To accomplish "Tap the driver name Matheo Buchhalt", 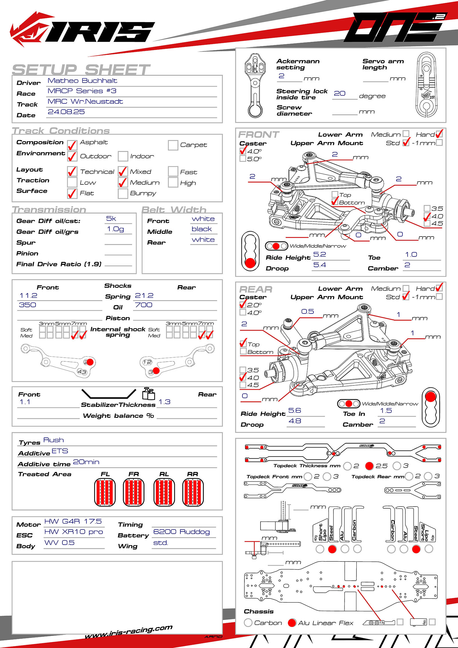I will (82, 81).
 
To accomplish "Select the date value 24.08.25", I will (66, 112).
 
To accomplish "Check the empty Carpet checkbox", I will (173, 145).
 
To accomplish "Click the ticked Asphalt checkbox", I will (72, 145).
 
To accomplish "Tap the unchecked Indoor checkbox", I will (123, 156).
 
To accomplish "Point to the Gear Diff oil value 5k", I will (111, 218).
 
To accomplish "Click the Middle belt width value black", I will (202, 229).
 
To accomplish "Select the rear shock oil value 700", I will (143, 305).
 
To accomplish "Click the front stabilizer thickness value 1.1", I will (25, 402).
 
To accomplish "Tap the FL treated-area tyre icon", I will (105, 492).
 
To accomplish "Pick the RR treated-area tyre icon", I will (193, 492).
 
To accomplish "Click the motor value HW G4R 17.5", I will (73, 521).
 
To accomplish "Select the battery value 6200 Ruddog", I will (181, 532).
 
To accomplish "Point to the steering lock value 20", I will (339, 94).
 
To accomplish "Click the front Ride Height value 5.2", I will (319, 255).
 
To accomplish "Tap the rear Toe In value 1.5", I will (386, 411).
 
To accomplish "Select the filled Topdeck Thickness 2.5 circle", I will (369, 466).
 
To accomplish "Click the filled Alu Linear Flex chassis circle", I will (292, 623).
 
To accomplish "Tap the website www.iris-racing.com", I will (129, 631).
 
